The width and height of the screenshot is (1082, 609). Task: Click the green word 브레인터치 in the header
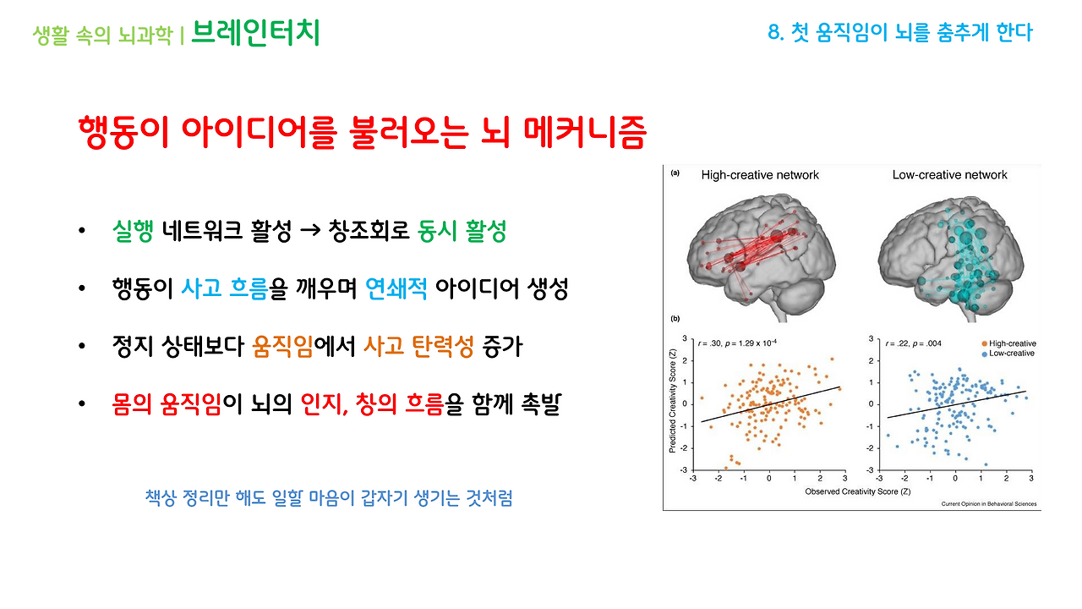coord(255,33)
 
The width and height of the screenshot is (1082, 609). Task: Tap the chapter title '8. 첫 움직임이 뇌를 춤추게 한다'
coord(899,33)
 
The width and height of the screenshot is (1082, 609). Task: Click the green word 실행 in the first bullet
coord(132,232)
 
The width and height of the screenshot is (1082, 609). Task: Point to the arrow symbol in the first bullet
coord(308,232)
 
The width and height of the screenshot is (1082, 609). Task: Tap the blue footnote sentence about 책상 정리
coord(329,497)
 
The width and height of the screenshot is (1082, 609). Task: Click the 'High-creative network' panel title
coord(760,175)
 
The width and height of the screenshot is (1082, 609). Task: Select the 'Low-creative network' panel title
coord(949,175)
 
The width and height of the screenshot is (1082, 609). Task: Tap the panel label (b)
coord(675,320)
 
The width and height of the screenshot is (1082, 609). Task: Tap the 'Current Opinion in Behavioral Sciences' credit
coord(989,504)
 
